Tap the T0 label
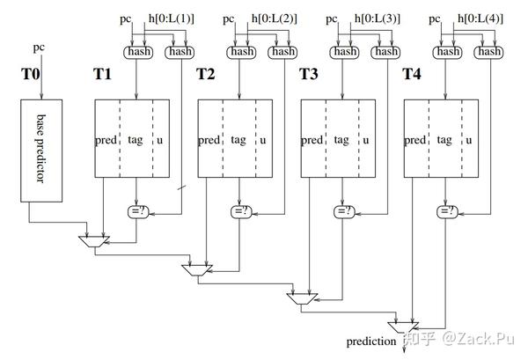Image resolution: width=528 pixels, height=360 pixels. [30, 75]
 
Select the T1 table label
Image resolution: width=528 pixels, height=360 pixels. [103, 75]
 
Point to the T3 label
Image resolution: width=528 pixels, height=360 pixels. [310, 75]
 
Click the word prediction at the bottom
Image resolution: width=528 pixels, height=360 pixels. [371, 339]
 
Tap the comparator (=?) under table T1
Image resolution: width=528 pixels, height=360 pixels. [137, 210]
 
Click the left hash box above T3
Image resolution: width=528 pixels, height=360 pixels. [343, 52]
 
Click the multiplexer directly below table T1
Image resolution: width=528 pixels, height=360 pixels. [93, 239]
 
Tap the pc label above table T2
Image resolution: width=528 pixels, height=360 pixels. [229, 18]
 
